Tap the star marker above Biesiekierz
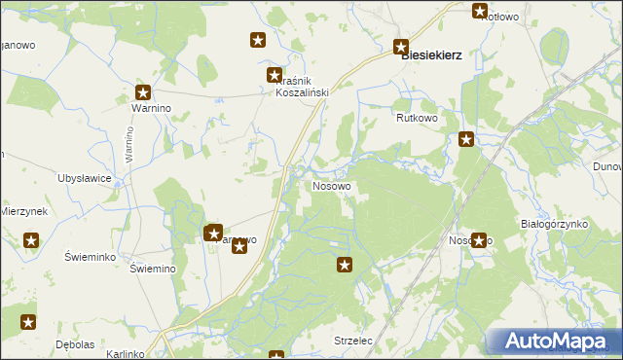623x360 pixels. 401,46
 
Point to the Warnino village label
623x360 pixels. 137,108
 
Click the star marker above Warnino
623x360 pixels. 143,93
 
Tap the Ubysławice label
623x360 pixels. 85,178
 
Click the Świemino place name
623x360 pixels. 152,270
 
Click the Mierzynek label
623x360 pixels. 23,211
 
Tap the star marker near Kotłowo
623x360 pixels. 480,12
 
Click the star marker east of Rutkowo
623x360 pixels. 466,139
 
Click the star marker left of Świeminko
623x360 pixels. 31,240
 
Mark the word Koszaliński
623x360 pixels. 302,91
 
